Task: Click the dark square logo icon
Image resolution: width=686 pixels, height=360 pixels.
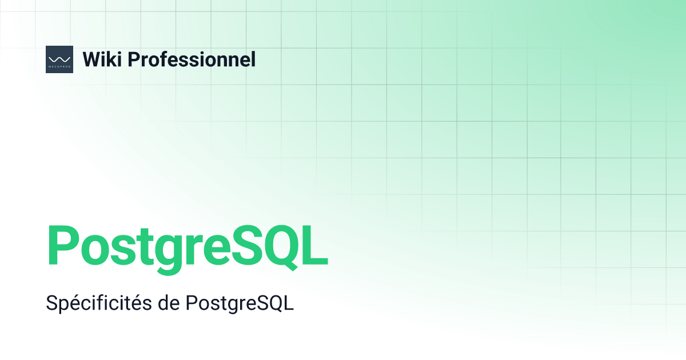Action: pyautogui.click(x=59, y=59)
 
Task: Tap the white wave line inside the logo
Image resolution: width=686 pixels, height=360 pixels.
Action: pyautogui.click(x=59, y=58)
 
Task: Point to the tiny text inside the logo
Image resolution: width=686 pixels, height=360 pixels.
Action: pyautogui.click(x=59, y=66)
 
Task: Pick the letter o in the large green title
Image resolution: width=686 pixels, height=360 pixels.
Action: pyautogui.click(x=94, y=250)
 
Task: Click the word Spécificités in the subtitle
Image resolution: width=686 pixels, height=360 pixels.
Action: pyautogui.click(x=98, y=303)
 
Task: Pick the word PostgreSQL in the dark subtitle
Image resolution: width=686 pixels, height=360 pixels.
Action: pyautogui.click(x=240, y=303)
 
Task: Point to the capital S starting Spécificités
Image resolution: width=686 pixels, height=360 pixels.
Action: pyautogui.click(x=51, y=303)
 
